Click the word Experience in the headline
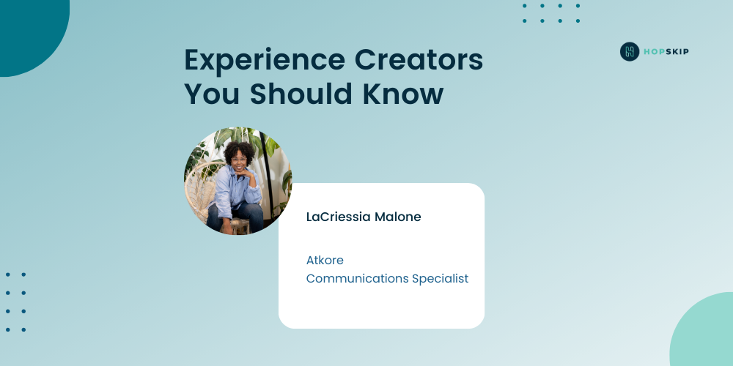click(x=265, y=61)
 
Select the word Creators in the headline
click(x=419, y=59)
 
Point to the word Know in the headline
click(x=402, y=94)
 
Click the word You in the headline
click(x=212, y=94)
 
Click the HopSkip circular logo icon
click(x=630, y=51)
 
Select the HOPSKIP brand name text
click(x=666, y=51)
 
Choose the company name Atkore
click(x=325, y=260)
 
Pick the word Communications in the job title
click(x=357, y=279)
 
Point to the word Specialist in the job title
click(x=440, y=279)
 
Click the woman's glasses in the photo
click(x=239, y=160)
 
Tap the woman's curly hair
click(x=239, y=150)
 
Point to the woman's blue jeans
click(x=237, y=215)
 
